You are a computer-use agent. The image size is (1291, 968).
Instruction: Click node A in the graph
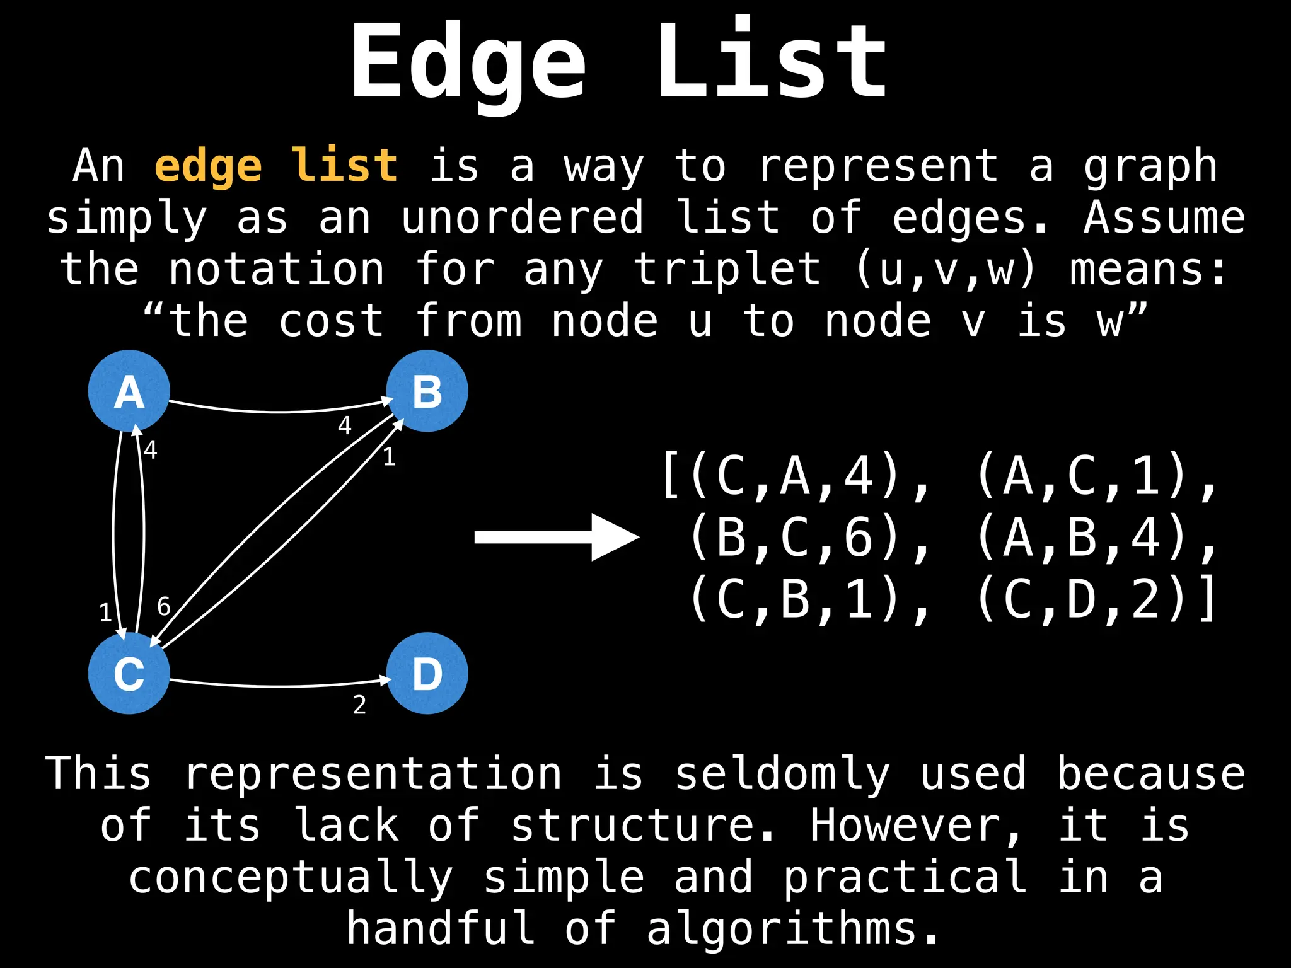coord(129,391)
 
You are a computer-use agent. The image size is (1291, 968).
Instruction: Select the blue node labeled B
coord(427,391)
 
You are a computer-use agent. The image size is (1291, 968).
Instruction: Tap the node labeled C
coord(129,673)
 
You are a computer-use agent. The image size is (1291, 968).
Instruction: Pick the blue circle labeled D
coord(427,673)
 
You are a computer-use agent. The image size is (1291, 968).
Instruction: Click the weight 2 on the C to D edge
coord(359,705)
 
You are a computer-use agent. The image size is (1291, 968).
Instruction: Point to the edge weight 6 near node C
coord(164,606)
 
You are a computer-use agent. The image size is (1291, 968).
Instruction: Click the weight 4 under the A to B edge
coord(344,425)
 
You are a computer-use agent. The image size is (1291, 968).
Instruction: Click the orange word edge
coord(208,167)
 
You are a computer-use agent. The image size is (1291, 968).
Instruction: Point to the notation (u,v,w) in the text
coord(946,270)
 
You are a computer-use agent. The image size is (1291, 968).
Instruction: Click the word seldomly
coord(782,774)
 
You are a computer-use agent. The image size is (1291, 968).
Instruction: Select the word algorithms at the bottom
coord(782,930)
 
